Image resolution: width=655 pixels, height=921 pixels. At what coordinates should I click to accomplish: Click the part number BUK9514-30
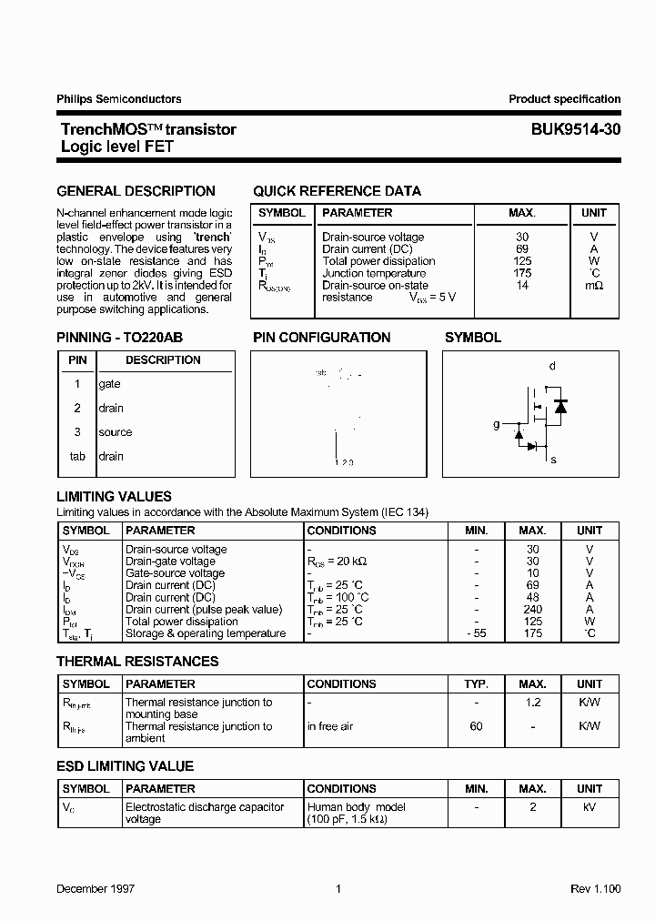[576, 129]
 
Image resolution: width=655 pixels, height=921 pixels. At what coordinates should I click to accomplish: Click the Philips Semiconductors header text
[118, 99]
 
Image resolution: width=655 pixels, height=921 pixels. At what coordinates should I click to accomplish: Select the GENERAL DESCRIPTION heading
[136, 191]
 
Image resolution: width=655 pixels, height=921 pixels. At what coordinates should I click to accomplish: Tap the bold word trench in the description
[212, 237]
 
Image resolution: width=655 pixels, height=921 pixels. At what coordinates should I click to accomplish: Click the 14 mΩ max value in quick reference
[521, 285]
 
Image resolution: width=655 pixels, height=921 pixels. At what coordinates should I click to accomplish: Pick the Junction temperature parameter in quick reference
[374, 273]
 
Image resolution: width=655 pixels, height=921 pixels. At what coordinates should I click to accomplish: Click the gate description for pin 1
[109, 384]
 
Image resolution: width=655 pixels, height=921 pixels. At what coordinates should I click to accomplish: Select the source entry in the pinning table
[115, 432]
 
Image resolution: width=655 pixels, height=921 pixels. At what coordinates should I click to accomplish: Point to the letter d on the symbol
[552, 366]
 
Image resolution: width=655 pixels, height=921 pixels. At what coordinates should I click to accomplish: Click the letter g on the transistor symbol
[497, 424]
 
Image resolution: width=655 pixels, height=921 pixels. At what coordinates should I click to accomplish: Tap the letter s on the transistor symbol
[552, 460]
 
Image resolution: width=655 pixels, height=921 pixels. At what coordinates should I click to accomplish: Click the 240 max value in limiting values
[532, 610]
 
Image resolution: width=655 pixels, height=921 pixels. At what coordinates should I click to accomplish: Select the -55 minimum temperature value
[476, 633]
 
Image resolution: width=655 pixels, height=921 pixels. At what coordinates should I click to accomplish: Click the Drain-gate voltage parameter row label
[170, 562]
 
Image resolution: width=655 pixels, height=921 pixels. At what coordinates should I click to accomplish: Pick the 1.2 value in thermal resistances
[532, 703]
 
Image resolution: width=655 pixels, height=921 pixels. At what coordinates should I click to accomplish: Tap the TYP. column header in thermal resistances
[476, 683]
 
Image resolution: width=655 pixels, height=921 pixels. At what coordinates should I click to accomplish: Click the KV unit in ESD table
[589, 807]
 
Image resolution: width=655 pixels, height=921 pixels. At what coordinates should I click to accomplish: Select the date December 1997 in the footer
[96, 889]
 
